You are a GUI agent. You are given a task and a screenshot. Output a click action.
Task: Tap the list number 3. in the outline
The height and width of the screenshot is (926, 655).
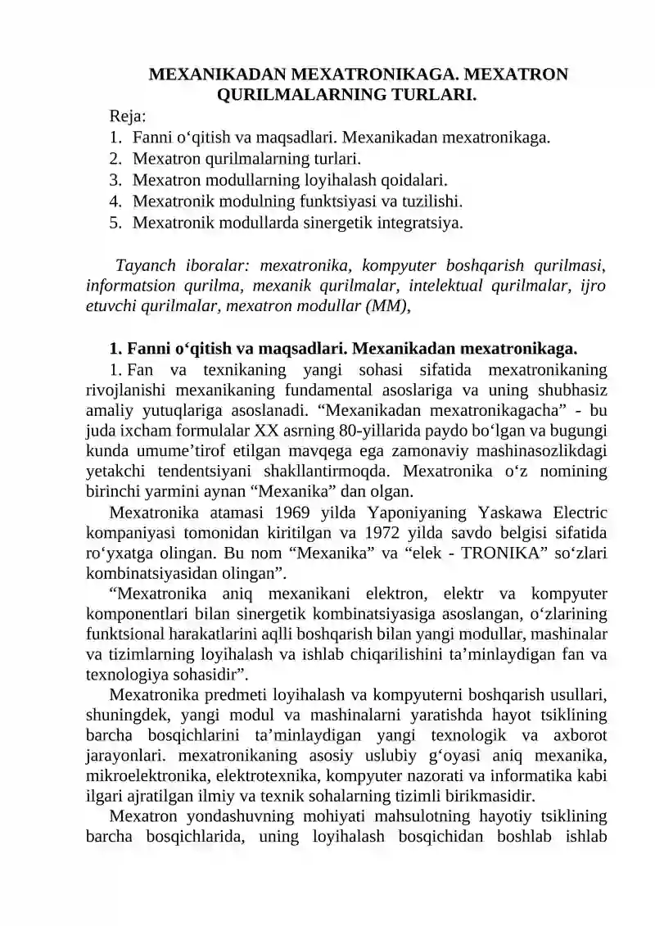pyautogui.click(x=116, y=179)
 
